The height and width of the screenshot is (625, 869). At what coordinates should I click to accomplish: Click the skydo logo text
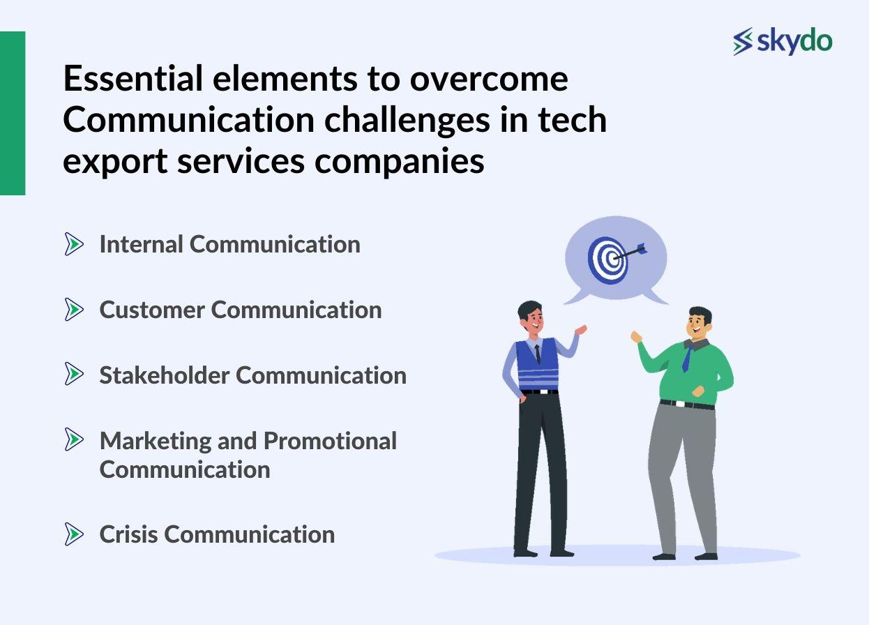pos(794,42)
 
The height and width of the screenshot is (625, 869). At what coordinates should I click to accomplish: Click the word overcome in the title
pos(488,79)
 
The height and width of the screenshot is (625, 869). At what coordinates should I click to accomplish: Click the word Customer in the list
pos(152,310)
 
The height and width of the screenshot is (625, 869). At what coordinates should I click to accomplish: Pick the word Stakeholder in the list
pos(165,375)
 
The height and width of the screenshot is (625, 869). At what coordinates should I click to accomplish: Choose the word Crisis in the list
pos(129,534)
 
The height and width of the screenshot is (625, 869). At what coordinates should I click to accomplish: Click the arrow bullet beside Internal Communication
pos(74,244)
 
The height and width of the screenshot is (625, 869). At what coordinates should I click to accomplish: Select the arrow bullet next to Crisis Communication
pos(74,534)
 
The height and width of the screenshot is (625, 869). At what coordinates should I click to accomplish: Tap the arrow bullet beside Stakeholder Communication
pos(74,375)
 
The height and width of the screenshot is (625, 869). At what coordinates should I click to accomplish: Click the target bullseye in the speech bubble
pos(609,259)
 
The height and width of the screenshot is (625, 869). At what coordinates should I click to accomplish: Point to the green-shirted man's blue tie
pos(687,359)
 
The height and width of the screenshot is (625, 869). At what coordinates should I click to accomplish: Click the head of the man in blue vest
pos(531,317)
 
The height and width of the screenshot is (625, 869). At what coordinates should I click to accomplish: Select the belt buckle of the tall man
pos(538,391)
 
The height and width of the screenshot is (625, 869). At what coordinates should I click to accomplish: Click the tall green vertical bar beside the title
pos(13,113)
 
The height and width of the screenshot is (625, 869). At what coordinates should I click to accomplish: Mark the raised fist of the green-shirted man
pos(635,337)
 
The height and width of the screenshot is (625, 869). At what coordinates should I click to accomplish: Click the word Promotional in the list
pos(330,441)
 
